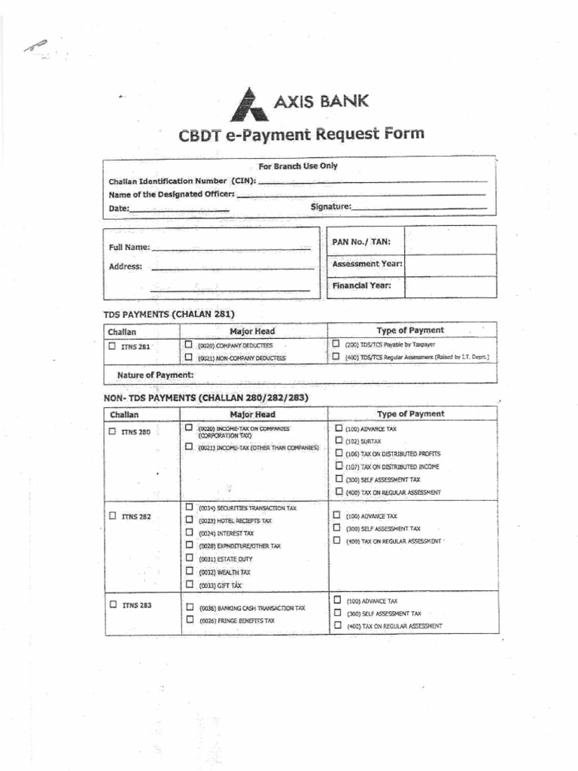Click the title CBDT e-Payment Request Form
(301, 135)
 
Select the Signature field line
(419, 208)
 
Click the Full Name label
(129, 247)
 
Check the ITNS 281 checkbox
(112, 346)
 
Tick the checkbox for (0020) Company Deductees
(189, 344)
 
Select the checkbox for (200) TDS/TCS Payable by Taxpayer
(336, 343)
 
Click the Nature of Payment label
(155, 374)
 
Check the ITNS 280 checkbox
(112, 431)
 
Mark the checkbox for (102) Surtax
(339, 440)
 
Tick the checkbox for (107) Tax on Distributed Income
(339, 466)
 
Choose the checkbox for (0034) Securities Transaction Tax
(190, 507)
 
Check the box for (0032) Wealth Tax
(190, 571)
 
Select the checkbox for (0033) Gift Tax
(190, 584)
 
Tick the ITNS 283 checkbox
(112, 605)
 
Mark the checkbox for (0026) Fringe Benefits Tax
(190, 620)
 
